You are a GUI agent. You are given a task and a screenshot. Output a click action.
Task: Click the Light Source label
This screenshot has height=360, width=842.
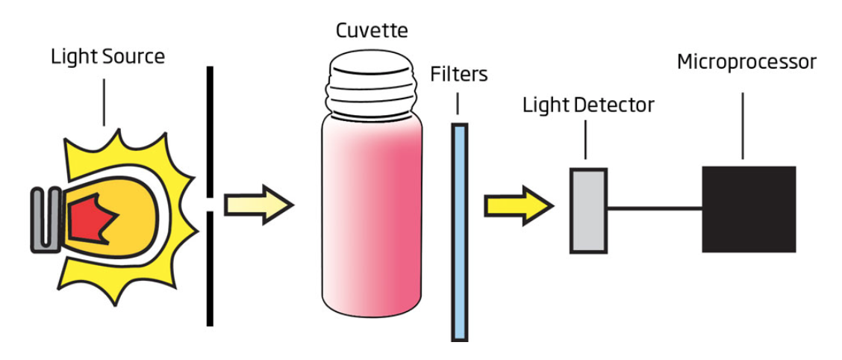(x=107, y=57)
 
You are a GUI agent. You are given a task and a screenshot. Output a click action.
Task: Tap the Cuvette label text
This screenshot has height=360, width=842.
(x=372, y=31)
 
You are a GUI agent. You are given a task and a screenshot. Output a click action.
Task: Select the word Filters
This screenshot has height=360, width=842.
(x=458, y=75)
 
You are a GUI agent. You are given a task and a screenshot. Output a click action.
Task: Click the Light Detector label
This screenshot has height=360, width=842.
(x=588, y=105)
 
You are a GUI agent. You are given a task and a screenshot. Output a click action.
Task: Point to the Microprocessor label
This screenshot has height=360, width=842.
(x=746, y=62)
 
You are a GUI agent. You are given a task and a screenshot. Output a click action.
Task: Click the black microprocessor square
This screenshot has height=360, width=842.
(x=749, y=209)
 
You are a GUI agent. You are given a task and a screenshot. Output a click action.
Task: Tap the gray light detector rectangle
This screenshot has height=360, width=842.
(x=588, y=210)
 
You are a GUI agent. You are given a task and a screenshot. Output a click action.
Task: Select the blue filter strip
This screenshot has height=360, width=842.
(x=460, y=232)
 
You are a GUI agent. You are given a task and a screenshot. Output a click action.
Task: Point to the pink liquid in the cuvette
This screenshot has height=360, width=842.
(x=372, y=217)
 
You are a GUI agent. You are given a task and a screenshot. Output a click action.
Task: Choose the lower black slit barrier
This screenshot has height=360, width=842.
(x=210, y=269)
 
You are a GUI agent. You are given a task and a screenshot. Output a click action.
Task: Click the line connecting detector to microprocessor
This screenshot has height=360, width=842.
(x=654, y=208)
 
